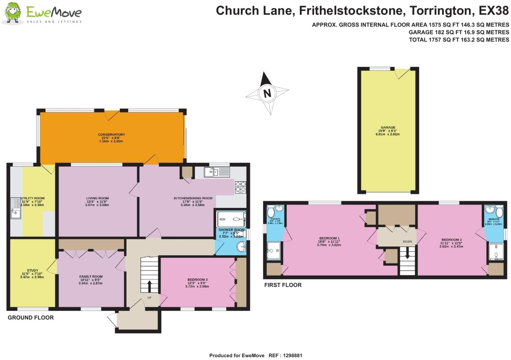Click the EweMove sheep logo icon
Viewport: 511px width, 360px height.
point(13,13)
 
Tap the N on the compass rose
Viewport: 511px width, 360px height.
point(267,93)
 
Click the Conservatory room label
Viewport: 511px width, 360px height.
point(111,135)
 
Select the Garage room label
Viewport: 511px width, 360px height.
point(388,128)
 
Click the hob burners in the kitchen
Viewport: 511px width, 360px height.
point(240,187)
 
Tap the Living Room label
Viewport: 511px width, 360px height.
point(98,198)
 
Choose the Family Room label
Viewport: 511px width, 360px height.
point(91,276)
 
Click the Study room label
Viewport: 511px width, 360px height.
point(33,270)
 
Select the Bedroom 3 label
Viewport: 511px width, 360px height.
point(197,280)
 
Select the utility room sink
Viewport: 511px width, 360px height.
point(16,208)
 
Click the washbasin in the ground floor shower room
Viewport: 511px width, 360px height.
point(242,247)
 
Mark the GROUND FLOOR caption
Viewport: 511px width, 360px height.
point(31,318)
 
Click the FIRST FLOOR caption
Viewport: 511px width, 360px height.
point(283,285)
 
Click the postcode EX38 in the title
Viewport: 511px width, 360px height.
point(494,11)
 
